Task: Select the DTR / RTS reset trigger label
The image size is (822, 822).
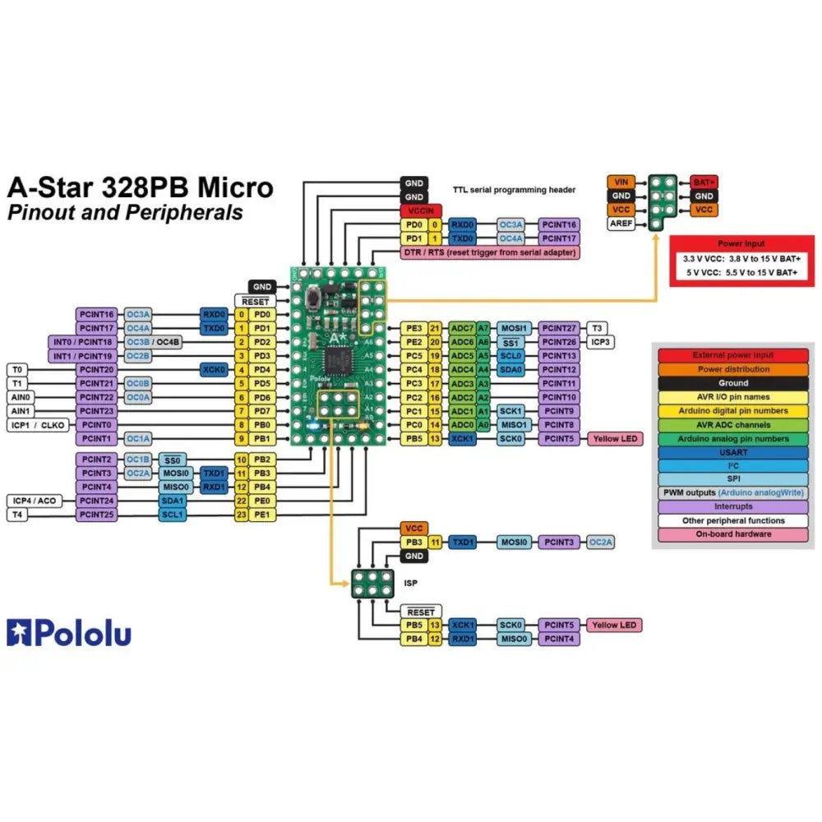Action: pos(488,252)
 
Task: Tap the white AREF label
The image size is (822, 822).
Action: pos(621,224)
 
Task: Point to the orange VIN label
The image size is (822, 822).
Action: pos(621,182)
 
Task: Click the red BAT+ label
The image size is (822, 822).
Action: pos(703,182)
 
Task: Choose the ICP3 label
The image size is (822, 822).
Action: pos(598,342)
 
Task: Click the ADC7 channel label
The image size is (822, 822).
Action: pos(461,328)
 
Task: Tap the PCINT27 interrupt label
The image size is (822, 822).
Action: pos(560,328)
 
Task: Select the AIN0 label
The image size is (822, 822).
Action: pos(21,397)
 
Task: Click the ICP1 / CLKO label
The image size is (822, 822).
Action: pos(39,425)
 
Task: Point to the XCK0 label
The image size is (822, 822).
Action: pos(214,370)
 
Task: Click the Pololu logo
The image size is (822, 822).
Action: pos(69,633)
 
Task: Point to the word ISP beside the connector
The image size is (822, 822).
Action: pos(411,583)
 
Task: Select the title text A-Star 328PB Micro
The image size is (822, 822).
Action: pos(140,187)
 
